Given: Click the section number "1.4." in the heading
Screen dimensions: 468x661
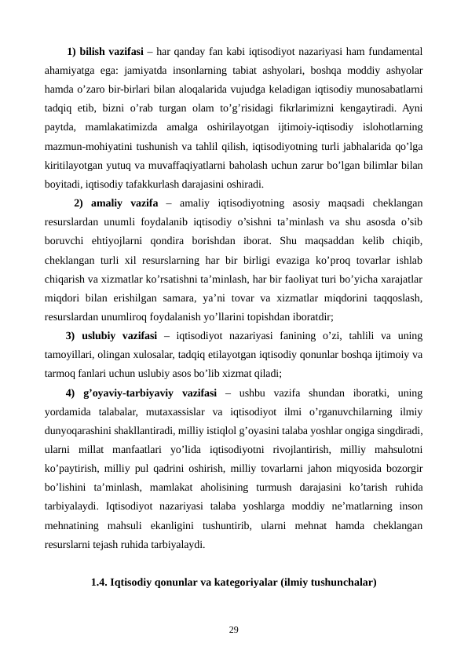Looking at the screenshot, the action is [x=100, y=583].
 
